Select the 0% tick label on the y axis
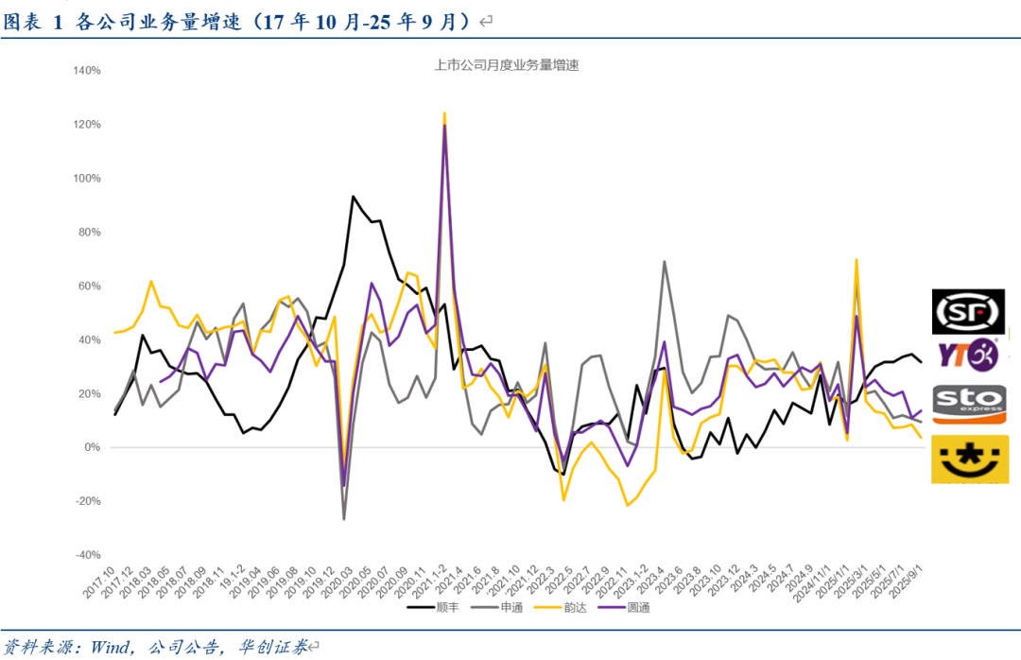(93, 447)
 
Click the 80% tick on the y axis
(90, 233)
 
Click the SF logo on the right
(968, 312)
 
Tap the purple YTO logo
(967, 355)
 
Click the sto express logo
(968, 404)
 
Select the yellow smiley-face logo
(968, 460)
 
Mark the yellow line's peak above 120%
(444, 113)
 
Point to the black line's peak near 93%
(353, 197)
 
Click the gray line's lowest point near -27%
(343, 518)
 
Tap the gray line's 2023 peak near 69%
(665, 262)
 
